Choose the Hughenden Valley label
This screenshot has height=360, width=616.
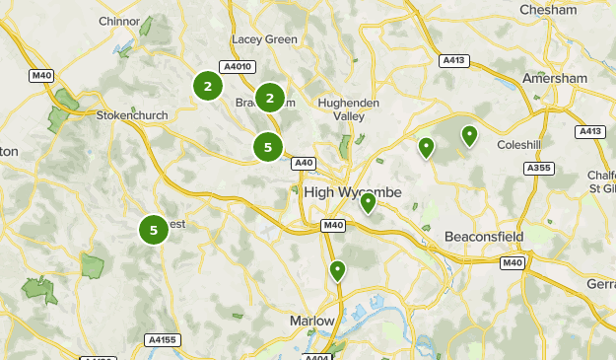pyautogui.click(x=342, y=108)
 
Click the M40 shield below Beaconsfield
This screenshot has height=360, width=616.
pyautogui.click(x=512, y=262)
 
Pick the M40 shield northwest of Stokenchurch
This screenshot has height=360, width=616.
pyautogui.click(x=41, y=75)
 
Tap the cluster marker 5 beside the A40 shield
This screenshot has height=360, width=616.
pyautogui.click(x=267, y=148)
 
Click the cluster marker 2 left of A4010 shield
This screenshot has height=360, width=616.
pyautogui.click(x=207, y=87)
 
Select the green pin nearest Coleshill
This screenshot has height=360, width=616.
pyautogui.click(x=470, y=135)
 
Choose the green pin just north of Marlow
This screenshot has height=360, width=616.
pyautogui.click(x=338, y=269)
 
